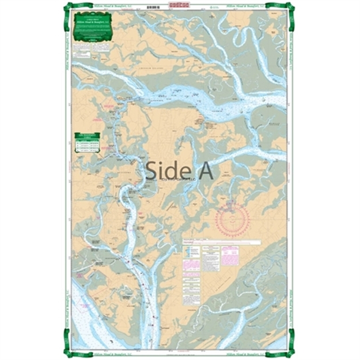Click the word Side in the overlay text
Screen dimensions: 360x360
pyautogui.click(x=164, y=170)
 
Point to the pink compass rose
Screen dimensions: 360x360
pyautogui.click(x=233, y=219)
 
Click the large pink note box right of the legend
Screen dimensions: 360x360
pyautogui.click(x=230, y=255)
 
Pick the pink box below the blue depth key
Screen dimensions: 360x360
pyautogui.click(x=192, y=264)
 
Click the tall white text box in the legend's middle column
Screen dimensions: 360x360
pyautogui.click(x=211, y=259)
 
